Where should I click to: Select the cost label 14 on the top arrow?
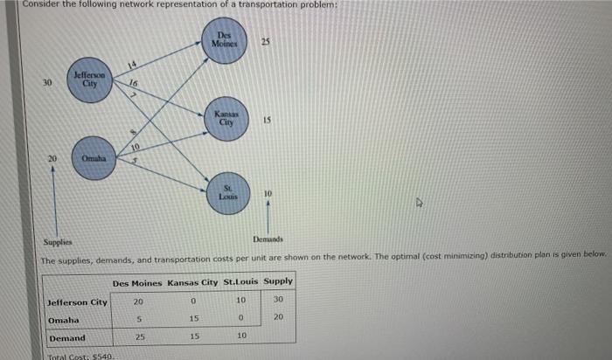pyautogui.click(x=133, y=64)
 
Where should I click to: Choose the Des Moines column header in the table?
pyautogui.click(x=138, y=282)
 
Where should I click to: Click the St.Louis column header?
pyautogui.click(x=242, y=282)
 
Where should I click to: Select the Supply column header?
pyautogui.click(x=278, y=282)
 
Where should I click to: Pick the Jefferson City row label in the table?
pyautogui.click(x=77, y=301)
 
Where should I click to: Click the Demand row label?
pyautogui.click(x=67, y=337)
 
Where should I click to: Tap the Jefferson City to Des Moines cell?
pyautogui.click(x=138, y=301)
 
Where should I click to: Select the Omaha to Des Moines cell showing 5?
pyautogui.click(x=138, y=319)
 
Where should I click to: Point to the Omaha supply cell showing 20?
pyautogui.click(x=278, y=319)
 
